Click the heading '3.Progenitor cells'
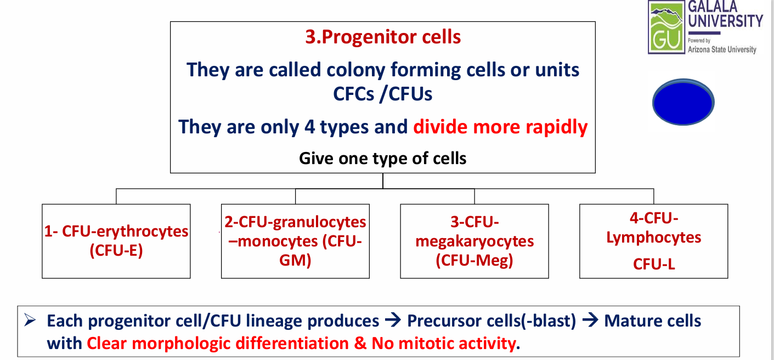tap(383, 37)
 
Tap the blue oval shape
tap(683, 103)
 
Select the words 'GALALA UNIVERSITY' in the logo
tap(725, 15)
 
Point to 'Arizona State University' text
tap(722, 49)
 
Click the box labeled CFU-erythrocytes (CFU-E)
tap(116, 241)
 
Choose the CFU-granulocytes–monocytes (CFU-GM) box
tap(295, 241)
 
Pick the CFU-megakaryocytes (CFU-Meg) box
tap(474, 241)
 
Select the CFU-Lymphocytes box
tap(653, 241)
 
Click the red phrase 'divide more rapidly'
tap(500, 127)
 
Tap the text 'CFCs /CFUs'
tap(383, 94)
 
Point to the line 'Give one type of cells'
tap(383, 159)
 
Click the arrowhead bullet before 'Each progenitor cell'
tap(30, 320)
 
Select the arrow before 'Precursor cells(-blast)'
tap(393, 321)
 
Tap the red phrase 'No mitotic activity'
tap(444, 344)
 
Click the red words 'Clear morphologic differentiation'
tap(218, 344)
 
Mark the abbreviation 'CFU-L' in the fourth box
tap(653, 264)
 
